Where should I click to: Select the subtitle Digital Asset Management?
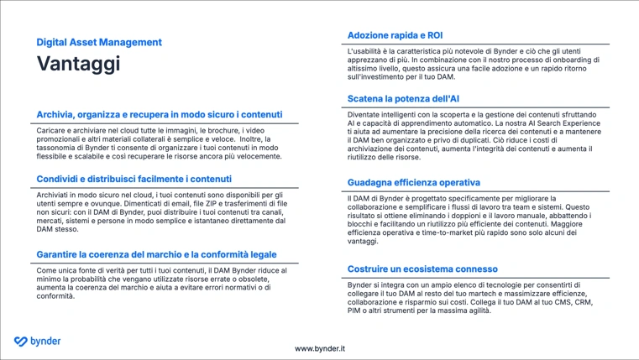(99, 42)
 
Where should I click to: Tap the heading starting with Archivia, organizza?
(159, 114)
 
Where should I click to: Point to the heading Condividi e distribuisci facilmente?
(134, 179)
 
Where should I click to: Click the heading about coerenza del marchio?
(156, 254)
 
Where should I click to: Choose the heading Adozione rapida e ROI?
(395, 35)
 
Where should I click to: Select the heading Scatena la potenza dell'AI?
(403, 98)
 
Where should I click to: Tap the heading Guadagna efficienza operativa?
(414, 182)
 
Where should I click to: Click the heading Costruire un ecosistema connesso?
(422, 269)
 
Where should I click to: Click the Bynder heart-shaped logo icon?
(21, 342)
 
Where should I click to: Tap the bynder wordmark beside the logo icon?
(45, 342)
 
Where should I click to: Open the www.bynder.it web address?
(319, 348)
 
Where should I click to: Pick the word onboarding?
(557, 60)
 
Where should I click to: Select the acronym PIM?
(355, 310)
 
